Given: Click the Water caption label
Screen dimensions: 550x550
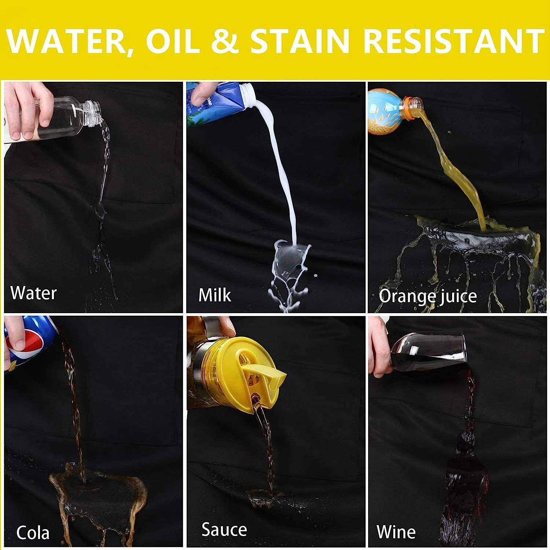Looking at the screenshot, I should (33, 293).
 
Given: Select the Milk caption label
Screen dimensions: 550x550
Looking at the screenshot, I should (214, 295).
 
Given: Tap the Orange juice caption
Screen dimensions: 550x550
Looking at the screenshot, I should (428, 296).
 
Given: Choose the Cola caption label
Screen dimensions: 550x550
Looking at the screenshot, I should (33, 533).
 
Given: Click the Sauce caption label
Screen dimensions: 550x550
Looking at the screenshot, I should (224, 530).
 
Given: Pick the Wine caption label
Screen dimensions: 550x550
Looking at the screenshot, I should (396, 532).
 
